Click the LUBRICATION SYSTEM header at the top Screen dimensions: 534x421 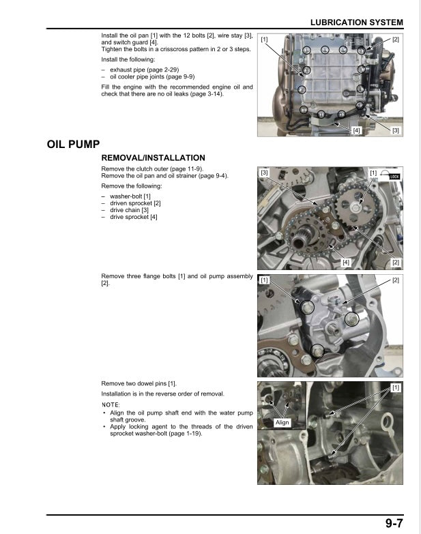356,23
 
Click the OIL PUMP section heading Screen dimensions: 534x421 74,145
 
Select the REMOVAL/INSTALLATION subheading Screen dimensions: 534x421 153,158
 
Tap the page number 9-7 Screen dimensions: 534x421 397,523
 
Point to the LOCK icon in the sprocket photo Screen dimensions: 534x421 394,176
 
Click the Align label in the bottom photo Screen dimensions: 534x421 282,423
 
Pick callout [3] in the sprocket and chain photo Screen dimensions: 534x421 264,173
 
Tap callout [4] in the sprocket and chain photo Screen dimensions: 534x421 345,262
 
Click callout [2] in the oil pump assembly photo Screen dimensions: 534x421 396,280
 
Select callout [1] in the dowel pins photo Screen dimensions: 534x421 396,387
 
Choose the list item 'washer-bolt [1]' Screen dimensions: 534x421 130,196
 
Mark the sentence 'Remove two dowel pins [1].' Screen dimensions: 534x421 139,384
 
